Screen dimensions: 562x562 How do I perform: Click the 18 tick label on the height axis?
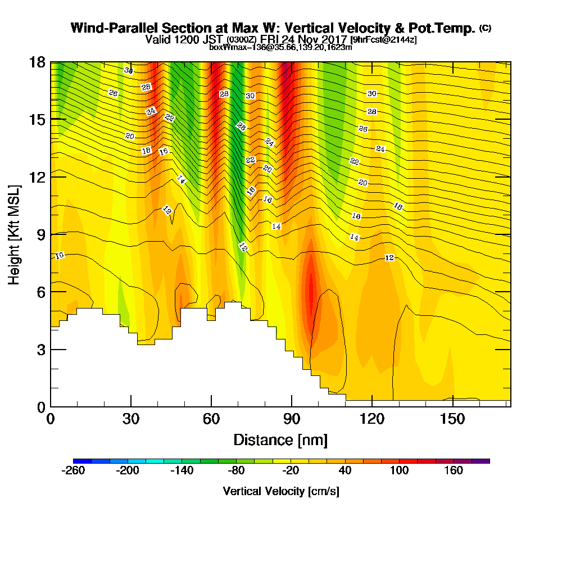coord(37,62)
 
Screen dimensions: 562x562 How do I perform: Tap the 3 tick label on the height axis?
coord(40,350)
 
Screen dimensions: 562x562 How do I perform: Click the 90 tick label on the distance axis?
coord(291,419)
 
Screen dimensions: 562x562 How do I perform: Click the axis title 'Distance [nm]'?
coord(280,439)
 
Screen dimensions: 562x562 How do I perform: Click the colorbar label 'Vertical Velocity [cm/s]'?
coord(281,491)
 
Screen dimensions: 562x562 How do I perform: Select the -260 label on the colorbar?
coord(72,470)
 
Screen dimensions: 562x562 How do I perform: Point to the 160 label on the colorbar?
coord(454,470)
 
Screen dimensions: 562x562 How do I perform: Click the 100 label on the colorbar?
coord(400,470)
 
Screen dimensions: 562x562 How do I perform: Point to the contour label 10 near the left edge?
coord(60,256)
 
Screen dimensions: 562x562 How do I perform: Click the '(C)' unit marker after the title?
coord(485,28)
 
